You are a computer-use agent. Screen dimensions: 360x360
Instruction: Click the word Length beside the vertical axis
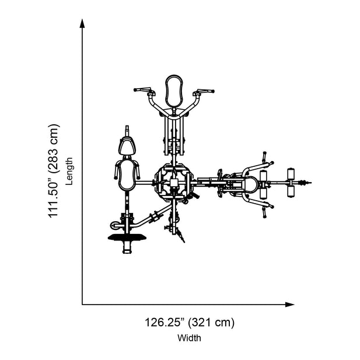tap(69, 172)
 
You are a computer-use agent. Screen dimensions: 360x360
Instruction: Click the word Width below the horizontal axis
tap(189, 338)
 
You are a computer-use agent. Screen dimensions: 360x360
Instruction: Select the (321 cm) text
tap(211, 322)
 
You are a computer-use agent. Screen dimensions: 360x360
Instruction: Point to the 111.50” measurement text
tap(54, 197)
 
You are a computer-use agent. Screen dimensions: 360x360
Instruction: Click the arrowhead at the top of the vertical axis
tap(82, 23)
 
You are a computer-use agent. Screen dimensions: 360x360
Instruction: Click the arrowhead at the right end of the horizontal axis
tap(290, 305)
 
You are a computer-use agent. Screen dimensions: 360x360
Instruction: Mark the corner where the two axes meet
tap(82, 305)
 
